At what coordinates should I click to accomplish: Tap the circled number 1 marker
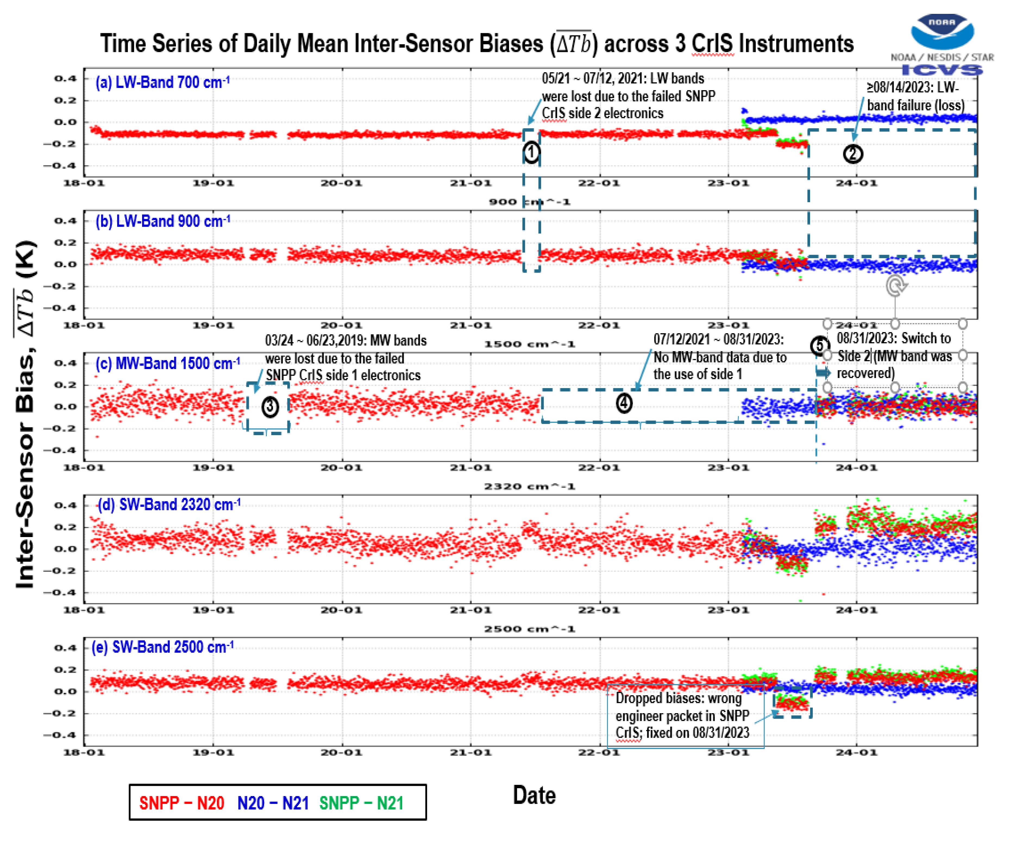click(x=531, y=152)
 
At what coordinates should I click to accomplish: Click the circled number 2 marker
click(x=852, y=154)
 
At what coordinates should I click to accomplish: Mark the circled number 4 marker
click(x=624, y=403)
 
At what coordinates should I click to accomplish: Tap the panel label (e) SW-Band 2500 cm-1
click(x=162, y=647)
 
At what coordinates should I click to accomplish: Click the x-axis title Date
click(x=534, y=795)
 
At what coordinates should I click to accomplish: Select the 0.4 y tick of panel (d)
click(x=65, y=505)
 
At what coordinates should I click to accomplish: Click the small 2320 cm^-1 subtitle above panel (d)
click(x=529, y=487)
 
